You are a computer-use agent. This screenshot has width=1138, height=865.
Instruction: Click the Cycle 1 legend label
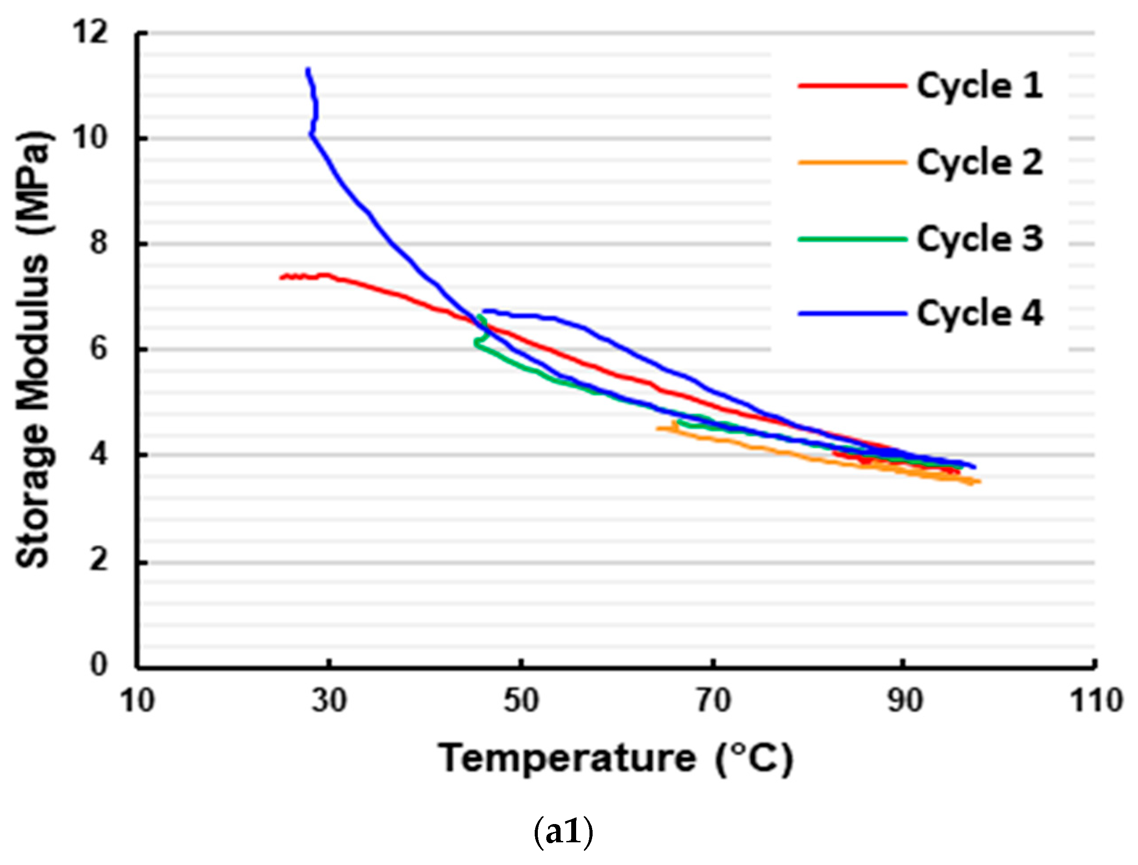pyautogui.click(x=979, y=85)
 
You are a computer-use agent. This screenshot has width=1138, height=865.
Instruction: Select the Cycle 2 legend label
pyautogui.click(x=979, y=162)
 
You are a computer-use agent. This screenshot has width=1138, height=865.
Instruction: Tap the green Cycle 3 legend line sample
pyautogui.click(x=852, y=239)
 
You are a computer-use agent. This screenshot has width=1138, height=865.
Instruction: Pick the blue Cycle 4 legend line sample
pyautogui.click(x=852, y=313)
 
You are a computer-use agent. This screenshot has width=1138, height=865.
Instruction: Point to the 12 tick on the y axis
pyautogui.click(x=91, y=32)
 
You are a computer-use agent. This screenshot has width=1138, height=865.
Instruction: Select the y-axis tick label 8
pyautogui.click(x=98, y=243)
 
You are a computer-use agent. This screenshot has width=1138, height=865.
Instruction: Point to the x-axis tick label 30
pyautogui.click(x=329, y=701)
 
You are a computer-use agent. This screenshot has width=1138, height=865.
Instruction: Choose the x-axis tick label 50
pyautogui.click(x=520, y=701)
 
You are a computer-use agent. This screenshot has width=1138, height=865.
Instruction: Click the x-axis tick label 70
pyautogui.click(x=713, y=701)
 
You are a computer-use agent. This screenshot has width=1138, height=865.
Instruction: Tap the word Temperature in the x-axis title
pyautogui.click(x=566, y=759)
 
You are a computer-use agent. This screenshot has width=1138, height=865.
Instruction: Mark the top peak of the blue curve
pyautogui.click(x=307, y=69)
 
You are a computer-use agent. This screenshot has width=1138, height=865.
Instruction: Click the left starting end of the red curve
pyautogui.click(x=281, y=277)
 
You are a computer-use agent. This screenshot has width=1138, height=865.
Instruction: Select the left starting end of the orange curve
pyautogui.click(x=658, y=428)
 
